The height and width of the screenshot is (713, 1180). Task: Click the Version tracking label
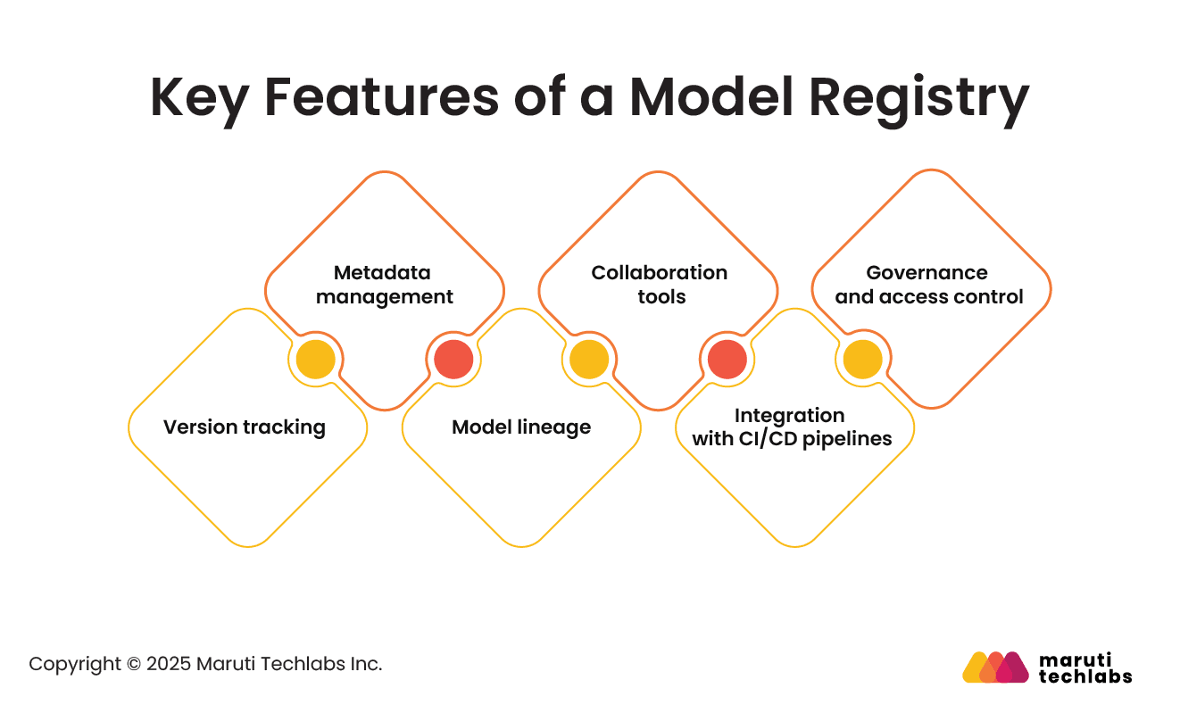click(245, 427)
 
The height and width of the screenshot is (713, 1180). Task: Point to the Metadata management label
click(384, 285)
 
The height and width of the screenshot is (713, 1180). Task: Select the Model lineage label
click(521, 427)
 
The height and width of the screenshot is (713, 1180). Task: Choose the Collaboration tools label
click(660, 285)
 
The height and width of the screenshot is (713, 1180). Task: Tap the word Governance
click(927, 273)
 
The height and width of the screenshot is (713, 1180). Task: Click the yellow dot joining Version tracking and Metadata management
click(316, 360)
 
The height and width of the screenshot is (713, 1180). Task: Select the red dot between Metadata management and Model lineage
click(453, 360)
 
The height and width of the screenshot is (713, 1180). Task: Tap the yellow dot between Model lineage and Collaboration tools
click(590, 360)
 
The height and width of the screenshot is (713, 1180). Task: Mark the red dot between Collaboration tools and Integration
click(727, 360)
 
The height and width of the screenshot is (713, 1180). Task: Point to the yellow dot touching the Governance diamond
click(863, 360)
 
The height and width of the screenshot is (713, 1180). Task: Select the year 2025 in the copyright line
click(169, 665)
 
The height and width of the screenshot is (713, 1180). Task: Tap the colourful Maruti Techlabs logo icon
click(995, 667)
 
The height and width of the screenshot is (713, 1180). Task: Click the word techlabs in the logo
click(1085, 676)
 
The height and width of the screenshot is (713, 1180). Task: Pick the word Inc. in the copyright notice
click(366, 665)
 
